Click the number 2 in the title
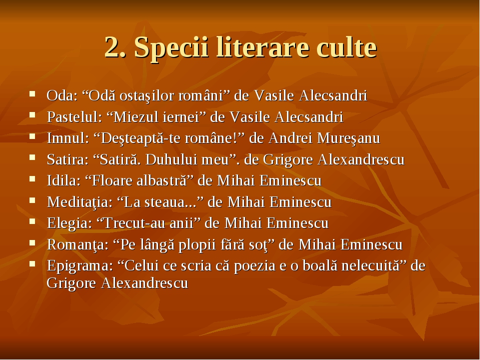[112, 48]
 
